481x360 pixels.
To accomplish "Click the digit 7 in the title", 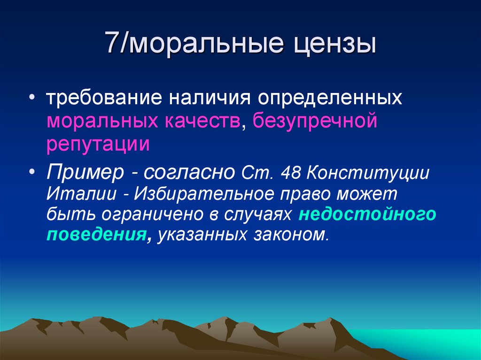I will click(x=112, y=44).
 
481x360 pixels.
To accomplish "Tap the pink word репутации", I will click(x=98, y=145).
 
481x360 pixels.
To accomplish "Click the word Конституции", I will click(x=368, y=173).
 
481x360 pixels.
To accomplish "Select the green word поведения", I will click(x=95, y=235).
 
